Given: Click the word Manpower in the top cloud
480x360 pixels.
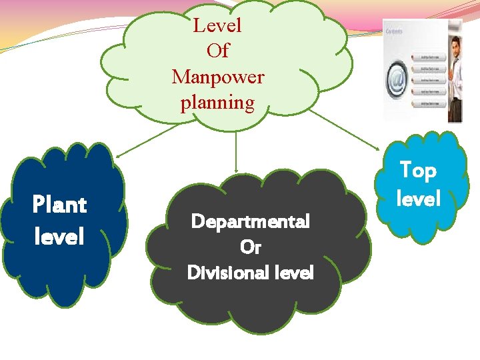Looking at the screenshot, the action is [x=218, y=77].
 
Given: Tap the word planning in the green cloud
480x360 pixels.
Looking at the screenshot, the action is [x=217, y=103].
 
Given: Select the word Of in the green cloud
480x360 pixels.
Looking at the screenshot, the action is [x=217, y=51].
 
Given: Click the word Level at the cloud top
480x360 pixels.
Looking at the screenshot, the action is [x=217, y=26].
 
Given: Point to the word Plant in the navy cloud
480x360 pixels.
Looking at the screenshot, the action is [x=59, y=205].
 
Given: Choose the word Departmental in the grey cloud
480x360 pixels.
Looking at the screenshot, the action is [x=250, y=221].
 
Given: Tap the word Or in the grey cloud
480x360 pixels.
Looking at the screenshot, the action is [x=250, y=247].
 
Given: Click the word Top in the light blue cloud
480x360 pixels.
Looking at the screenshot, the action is [x=418, y=171].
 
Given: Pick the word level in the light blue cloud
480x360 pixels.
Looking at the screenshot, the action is [x=418, y=199].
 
